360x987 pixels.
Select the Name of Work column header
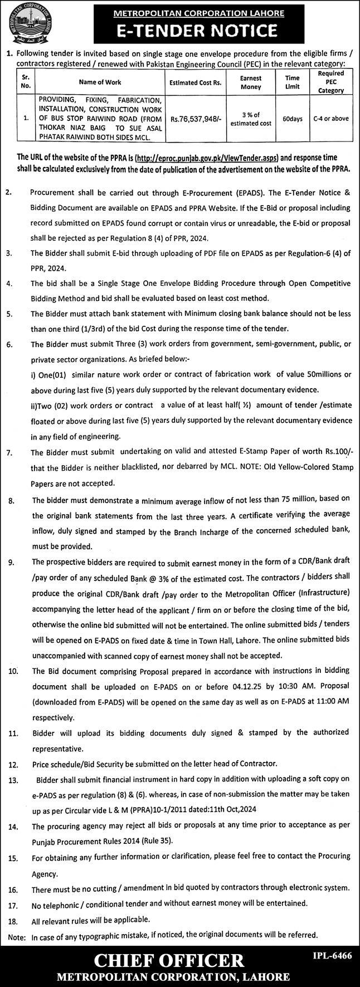100,82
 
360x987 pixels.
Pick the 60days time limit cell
292,119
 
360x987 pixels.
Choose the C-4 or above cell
330,119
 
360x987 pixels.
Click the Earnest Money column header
251,82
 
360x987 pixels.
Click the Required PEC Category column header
330,82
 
